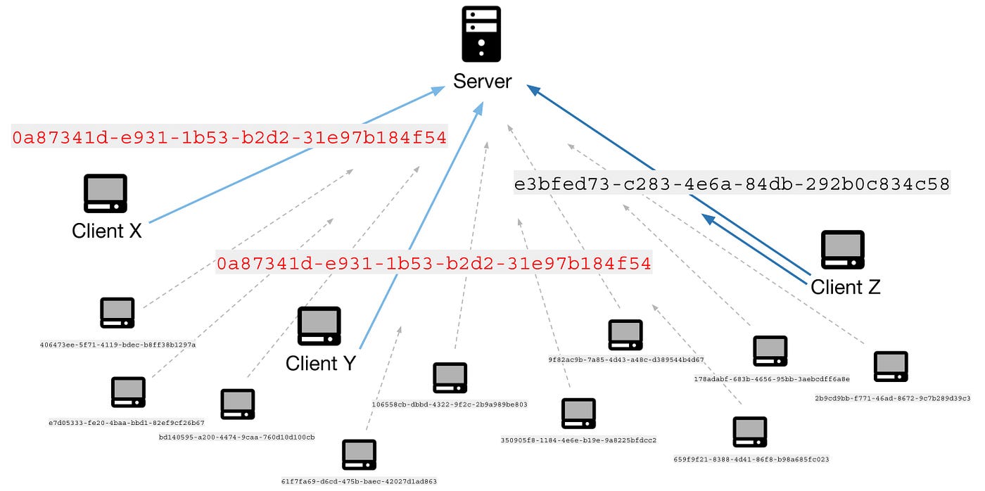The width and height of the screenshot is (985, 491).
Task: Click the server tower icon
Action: coord(481,34)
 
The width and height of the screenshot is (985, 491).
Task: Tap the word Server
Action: coord(482,82)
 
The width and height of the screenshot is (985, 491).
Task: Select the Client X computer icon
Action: coord(106,193)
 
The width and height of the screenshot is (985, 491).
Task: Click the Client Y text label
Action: coord(321,364)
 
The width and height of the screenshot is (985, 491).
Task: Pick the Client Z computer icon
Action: coord(843,250)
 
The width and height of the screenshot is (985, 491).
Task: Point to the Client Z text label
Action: coord(845,287)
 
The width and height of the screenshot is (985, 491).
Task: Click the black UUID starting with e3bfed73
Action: coord(732,185)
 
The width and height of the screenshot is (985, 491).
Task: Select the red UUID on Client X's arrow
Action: coord(229,138)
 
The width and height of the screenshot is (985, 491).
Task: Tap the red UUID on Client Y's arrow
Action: coord(433,264)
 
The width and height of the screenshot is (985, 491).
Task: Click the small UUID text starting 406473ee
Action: coord(117,345)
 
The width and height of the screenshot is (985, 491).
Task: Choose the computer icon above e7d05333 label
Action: coord(128,392)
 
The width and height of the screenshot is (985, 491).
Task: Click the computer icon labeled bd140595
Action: coord(238,404)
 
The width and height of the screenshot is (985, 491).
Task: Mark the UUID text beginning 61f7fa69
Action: coord(359,482)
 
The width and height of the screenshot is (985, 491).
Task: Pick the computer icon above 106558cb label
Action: coord(450,378)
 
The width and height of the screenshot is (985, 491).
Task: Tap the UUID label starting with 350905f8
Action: coord(578,440)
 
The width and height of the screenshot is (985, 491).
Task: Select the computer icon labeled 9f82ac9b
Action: coord(625,335)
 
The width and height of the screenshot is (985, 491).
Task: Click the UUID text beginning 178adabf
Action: coord(771,379)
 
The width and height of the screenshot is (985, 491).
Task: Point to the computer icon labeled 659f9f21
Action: coord(750,432)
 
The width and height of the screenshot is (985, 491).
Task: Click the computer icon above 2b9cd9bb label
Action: coord(891,366)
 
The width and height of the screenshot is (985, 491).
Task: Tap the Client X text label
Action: coord(107,231)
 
